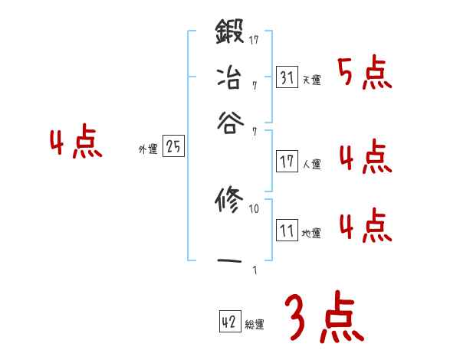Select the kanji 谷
click(x=229, y=123)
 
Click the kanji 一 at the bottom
click(x=229, y=261)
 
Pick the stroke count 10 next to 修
click(x=255, y=208)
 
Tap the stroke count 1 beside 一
click(x=254, y=270)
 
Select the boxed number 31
click(x=287, y=78)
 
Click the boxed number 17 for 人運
click(x=287, y=162)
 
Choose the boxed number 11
click(x=287, y=231)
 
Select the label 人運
click(x=311, y=164)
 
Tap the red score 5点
click(x=364, y=74)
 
